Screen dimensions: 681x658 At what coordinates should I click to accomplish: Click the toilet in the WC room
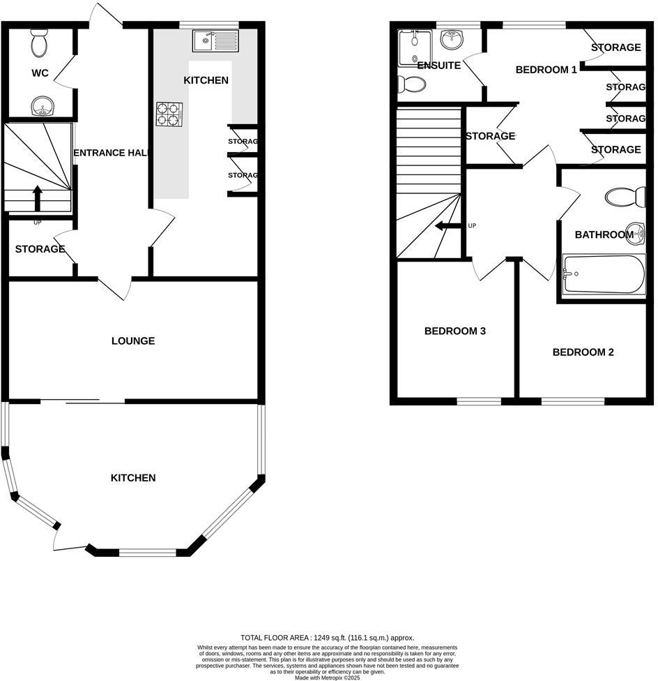click(x=40, y=45)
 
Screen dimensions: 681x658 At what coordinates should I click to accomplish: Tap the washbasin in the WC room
click(x=42, y=106)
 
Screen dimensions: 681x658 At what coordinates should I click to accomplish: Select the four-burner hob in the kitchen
click(x=169, y=114)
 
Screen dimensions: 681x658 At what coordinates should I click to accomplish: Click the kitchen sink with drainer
click(x=215, y=40)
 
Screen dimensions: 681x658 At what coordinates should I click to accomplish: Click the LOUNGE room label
click(x=133, y=341)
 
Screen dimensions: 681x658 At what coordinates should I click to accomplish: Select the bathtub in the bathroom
click(x=604, y=274)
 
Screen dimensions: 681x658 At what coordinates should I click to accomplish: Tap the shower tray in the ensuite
click(x=415, y=47)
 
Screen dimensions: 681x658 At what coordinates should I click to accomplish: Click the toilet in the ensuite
click(x=412, y=84)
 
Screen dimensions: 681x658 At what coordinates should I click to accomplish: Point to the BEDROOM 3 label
click(x=454, y=331)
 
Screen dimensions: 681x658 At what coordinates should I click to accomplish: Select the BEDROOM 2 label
click(x=583, y=352)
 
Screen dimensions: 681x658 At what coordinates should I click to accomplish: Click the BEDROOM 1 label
click(x=546, y=70)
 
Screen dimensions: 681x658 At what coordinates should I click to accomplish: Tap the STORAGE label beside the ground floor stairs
click(x=40, y=249)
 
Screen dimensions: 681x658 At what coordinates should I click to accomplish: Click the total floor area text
click(x=327, y=637)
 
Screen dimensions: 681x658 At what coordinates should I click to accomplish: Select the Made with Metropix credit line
click(x=327, y=678)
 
